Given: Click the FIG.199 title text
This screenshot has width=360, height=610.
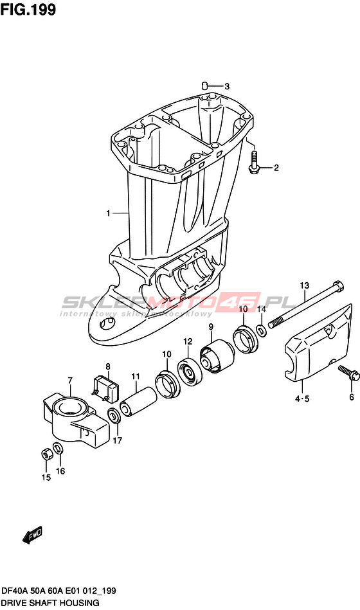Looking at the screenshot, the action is tap(28, 10).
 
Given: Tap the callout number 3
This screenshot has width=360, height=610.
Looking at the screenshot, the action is tap(227, 86).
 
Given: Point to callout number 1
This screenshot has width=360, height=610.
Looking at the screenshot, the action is tap(109, 213).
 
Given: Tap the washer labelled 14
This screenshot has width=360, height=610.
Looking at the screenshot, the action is tap(262, 330).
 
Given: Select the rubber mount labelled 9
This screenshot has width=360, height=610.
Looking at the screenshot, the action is tap(216, 355).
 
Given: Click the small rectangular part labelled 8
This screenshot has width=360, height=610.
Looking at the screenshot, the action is tap(105, 388).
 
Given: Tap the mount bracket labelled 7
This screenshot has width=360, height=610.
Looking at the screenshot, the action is tap(74, 423).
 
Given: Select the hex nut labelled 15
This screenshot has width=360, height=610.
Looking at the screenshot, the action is tap(46, 454).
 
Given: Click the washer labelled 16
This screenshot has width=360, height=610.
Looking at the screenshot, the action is tap(59, 448).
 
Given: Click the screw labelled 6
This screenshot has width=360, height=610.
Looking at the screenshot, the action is tap(348, 373).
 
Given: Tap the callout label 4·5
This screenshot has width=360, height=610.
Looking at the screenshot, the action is tap(302, 399).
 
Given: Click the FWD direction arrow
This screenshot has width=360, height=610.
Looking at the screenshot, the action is tap(32, 535).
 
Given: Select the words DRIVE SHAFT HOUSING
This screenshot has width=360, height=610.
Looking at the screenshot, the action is tap(51, 603).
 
